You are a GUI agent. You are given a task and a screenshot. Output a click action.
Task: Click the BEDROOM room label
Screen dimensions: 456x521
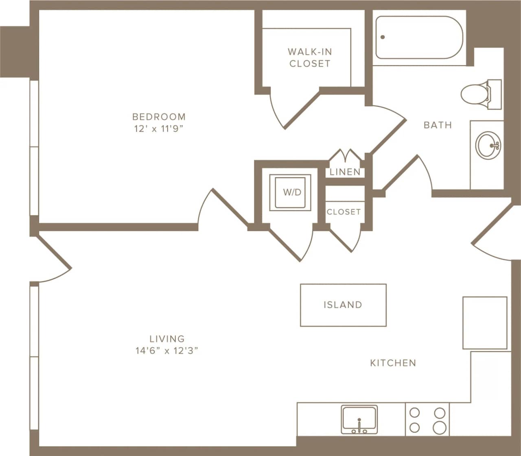(159, 117)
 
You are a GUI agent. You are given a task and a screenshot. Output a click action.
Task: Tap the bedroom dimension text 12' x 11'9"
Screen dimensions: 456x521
(159, 129)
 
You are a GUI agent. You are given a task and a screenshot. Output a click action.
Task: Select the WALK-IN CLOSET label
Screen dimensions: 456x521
(310, 57)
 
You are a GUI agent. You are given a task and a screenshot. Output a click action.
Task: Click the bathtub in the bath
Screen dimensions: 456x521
(419, 37)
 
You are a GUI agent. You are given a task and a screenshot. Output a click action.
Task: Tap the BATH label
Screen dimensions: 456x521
(438, 125)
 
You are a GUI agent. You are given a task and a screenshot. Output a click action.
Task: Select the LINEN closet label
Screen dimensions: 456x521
(345, 172)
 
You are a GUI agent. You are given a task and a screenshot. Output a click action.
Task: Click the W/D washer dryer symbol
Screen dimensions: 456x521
(292, 192)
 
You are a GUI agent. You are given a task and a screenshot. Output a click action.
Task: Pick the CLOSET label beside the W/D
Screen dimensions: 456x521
(344, 212)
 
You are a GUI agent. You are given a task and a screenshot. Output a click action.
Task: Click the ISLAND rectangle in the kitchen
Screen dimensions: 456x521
(343, 305)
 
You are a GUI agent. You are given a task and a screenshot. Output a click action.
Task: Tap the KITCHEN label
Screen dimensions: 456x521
(393, 363)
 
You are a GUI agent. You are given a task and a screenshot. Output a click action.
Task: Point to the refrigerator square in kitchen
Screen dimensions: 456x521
(484, 323)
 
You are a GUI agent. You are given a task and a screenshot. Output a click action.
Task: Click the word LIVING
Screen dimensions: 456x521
(167, 338)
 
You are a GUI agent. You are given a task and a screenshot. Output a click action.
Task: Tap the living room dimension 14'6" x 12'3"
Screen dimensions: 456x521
(167, 351)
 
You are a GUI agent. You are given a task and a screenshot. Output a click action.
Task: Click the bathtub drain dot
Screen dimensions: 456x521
(383, 37)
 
